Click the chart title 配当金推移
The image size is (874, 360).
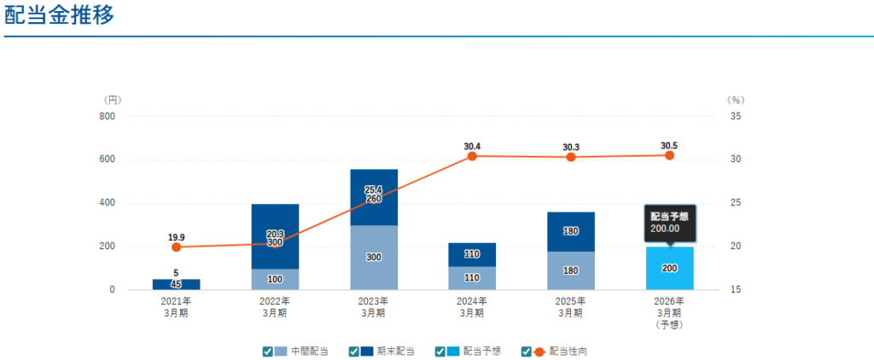pyautogui.click(x=58, y=16)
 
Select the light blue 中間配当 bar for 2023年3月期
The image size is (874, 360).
pyautogui.click(x=373, y=258)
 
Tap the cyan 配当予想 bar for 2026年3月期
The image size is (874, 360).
pyautogui.click(x=669, y=268)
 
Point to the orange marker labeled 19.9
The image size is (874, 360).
pyautogui.click(x=177, y=247)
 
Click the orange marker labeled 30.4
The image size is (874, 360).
pyautogui.click(x=472, y=157)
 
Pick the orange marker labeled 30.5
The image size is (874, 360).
pyautogui.click(x=669, y=155)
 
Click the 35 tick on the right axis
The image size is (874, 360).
pyautogui.click(x=735, y=116)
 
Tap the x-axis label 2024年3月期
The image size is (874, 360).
pyautogui.click(x=472, y=306)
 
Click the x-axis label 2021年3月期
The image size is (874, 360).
pyautogui.click(x=177, y=306)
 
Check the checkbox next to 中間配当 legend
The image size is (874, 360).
pyautogui.click(x=268, y=351)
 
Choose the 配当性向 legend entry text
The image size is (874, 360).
pyautogui.click(x=568, y=351)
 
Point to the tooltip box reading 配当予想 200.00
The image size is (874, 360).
pyautogui.click(x=669, y=222)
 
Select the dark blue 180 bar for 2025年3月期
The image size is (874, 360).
pyautogui.click(x=570, y=231)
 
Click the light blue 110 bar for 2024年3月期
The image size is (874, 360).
pyautogui.click(x=472, y=278)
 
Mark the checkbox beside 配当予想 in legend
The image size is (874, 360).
pyautogui.click(x=440, y=351)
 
